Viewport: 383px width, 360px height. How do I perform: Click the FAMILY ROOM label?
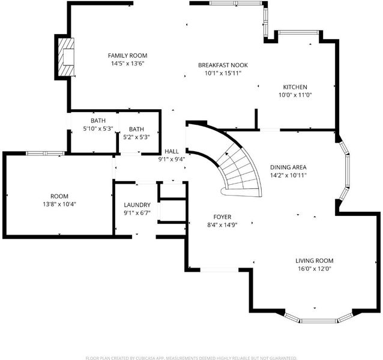pos(127,55)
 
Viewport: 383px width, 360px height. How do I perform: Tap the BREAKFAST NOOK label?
pos(223,65)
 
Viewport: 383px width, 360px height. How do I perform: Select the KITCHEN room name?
pos(295,87)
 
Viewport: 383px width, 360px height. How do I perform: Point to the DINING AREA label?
pos(288,167)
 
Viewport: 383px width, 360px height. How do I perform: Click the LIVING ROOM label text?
pos(315,261)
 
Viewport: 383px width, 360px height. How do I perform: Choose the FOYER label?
pos(222,217)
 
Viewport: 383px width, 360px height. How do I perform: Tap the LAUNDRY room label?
pos(137,205)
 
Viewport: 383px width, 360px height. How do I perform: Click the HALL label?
pos(172,151)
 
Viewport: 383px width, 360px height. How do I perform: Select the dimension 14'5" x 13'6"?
pos(128,64)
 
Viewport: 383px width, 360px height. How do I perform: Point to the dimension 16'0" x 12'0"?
pos(315,269)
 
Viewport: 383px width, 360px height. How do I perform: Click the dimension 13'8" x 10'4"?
pos(59,204)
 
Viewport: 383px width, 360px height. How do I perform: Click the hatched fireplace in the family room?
pos(66,57)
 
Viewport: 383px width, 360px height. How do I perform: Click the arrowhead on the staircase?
pos(227,154)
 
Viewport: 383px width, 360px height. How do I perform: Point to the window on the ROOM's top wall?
pos(45,153)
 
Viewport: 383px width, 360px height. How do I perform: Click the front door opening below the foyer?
pos(219,269)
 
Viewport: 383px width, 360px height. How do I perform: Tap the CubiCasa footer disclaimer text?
pos(191,358)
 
